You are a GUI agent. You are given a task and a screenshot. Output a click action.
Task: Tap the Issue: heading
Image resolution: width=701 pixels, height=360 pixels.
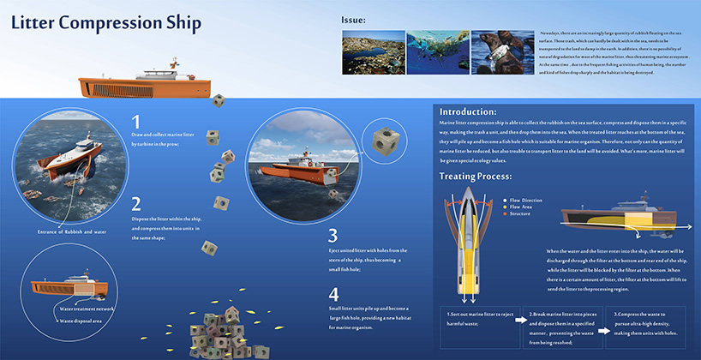click(x=353, y=20)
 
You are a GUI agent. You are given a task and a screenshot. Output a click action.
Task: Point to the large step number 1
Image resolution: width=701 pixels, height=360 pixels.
click(x=136, y=123)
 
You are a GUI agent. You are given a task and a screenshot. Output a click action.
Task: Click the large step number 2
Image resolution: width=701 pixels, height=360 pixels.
click(x=136, y=204)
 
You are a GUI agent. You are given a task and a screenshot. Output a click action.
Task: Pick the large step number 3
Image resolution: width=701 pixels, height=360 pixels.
click(x=333, y=235)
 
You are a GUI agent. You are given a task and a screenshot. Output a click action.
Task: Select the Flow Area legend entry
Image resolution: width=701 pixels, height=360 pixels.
click(x=521, y=207)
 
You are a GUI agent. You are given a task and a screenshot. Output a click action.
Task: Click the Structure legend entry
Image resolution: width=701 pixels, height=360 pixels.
click(x=520, y=213)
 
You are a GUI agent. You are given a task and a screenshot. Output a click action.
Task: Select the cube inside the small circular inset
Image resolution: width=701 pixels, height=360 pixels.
click(x=383, y=140)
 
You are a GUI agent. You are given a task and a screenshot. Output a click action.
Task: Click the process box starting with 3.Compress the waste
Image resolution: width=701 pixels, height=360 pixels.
click(x=648, y=325)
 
